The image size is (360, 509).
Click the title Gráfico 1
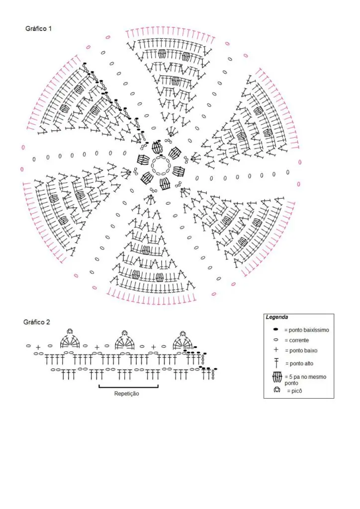[x=38, y=28]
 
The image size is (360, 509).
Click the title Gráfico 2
[x=37, y=322]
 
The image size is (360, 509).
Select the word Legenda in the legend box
[x=276, y=317]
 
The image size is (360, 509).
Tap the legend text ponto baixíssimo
[x=307, y=330]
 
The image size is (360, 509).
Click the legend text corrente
[x=297, y=340]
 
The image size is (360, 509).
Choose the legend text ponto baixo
[x=301, y=350]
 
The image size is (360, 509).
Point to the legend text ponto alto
[x=299, y=363]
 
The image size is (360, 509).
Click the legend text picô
[x=294, y=391]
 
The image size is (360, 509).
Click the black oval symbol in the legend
[x=276, y=330]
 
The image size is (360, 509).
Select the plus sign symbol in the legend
[x=276, y=350]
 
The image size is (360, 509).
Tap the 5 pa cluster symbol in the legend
[x=277, y=377]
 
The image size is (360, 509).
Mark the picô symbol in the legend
[x=276, y=390]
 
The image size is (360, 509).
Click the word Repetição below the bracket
[x=127, y=394]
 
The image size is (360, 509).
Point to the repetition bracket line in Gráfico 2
[x=129, y=387]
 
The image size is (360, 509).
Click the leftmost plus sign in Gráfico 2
[x=38, y=347]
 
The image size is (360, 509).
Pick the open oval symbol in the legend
[x=276, y=340]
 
